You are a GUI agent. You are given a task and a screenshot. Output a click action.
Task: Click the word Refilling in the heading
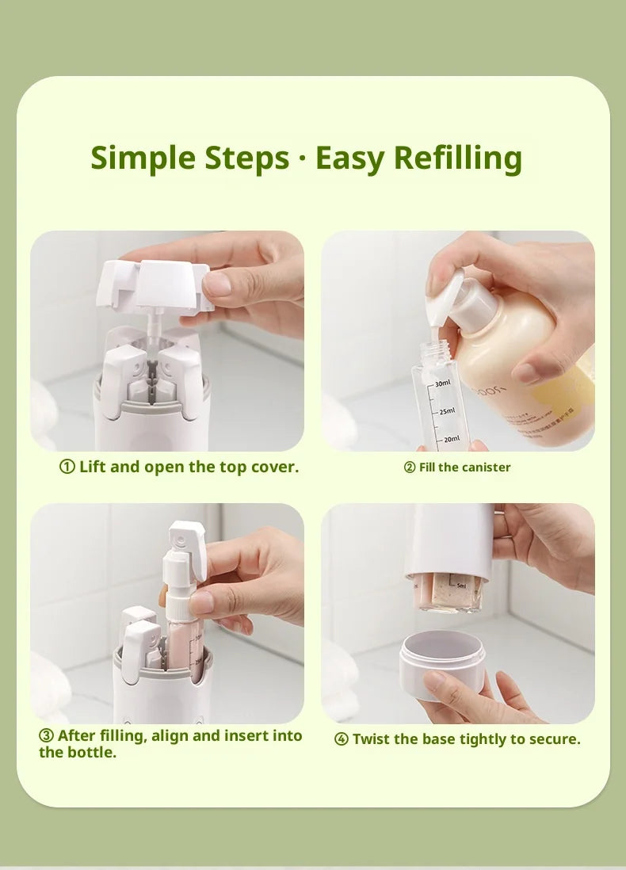[458, 158]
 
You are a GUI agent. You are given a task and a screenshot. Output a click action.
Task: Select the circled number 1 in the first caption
[67, 467]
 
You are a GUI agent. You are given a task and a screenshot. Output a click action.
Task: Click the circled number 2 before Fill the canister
[410, 467]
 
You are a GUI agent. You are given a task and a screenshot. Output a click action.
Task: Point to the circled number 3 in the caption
[46, 736]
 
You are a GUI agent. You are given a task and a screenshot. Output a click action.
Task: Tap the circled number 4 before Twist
[342, 739]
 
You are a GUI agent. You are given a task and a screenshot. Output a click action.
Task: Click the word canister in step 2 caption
[487, 467]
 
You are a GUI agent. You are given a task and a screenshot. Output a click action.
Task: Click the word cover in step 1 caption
[273, 467]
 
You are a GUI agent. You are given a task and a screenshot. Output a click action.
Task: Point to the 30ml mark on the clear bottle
[443, 383]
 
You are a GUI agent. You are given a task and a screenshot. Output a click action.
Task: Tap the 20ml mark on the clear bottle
[451, 439]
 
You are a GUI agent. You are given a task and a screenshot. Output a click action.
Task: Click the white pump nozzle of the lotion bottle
[449, 293]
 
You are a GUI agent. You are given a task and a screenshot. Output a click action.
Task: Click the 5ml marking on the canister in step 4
[461, 584]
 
